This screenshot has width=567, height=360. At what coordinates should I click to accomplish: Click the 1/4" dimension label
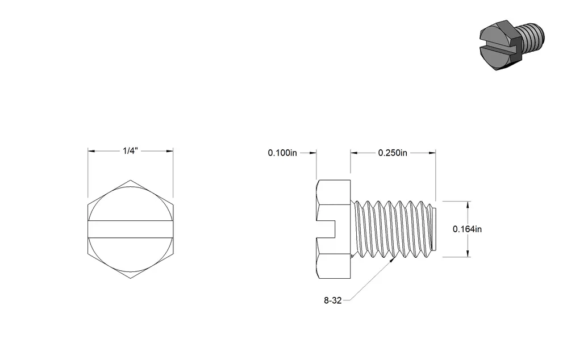[x=130, y=150]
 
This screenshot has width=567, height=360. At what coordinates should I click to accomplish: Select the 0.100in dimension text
[x=282, y=153]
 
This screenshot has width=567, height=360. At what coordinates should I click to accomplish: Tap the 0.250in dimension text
[x=393, y=153]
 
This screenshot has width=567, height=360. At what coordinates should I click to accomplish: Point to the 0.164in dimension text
[x=467, y=229]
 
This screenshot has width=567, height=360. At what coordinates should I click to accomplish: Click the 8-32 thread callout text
[x=333, y=300]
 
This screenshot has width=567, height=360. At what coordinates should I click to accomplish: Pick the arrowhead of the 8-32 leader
[x=391, y=260]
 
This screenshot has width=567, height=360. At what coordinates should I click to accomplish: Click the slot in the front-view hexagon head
[x=130, y=229]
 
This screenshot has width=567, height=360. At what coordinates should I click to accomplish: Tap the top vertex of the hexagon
[x=130, y=180]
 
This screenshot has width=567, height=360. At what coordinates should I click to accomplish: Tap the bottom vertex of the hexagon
[x=130, y=278]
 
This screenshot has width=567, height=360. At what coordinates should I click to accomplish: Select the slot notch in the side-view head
[x=326, y=229]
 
